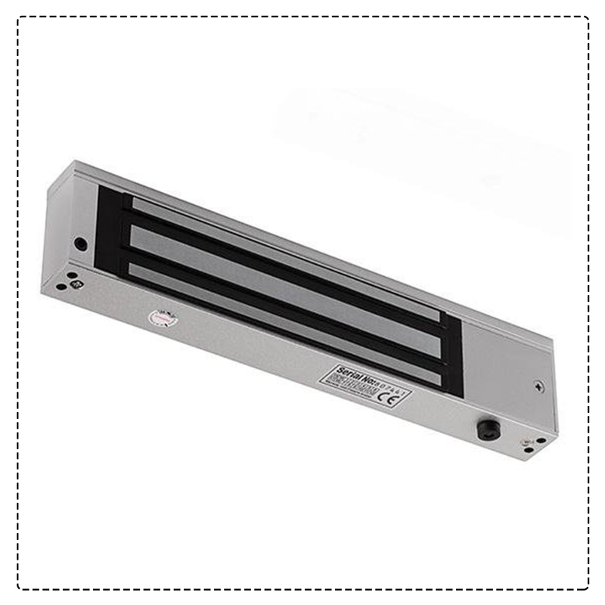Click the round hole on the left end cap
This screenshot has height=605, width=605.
click(x=80, y=244)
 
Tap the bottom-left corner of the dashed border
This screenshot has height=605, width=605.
click(x=20, y=588)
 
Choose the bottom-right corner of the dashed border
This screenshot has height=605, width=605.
click(x=587, y=588)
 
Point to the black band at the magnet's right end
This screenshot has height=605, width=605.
click(x=452, y=355)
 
